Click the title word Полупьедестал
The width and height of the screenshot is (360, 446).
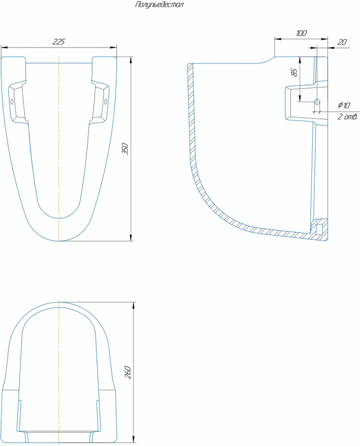(160, 5)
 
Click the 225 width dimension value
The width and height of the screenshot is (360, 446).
(59, 41)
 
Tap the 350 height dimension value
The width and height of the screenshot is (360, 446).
(126, 149)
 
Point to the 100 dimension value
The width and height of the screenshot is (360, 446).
(301, 33)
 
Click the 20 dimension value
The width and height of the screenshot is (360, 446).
(342, 42)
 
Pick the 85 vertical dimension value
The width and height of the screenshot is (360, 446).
(295, 72)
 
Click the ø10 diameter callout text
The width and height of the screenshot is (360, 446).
(344, 105)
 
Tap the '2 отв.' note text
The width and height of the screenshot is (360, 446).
(347, 117)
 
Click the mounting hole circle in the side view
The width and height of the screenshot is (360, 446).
(317, 101)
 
